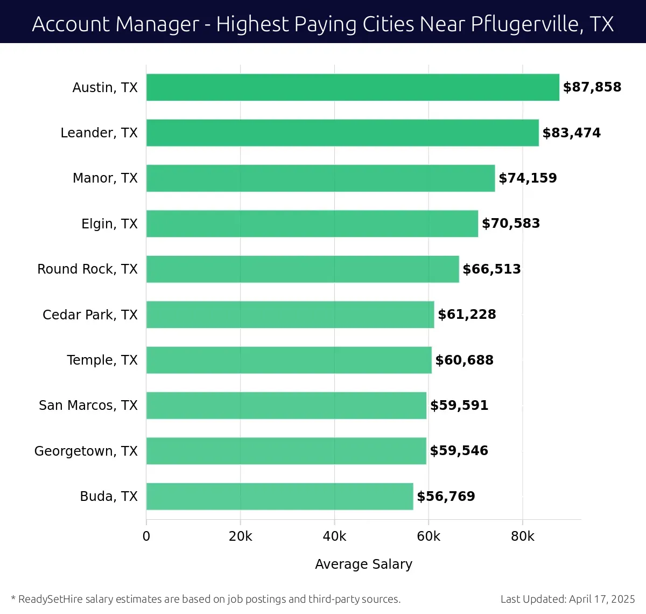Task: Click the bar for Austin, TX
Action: (x=353, y=87)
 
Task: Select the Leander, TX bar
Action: (x=342, y=132)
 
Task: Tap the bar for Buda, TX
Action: (x=279, y=496)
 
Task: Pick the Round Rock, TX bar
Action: (x=303, y=269)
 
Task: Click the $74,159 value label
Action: (x=528, y=178)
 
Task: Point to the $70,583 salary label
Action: (x=511, y=224)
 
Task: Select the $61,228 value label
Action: (x=467, y=315)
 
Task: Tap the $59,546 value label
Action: (x=459, y=451)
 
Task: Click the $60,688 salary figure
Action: (x=464, y=360)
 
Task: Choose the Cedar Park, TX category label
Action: (x=90, y=315)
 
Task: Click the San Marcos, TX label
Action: (x=88, y=405)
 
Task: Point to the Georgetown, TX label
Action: (x=86, y=451)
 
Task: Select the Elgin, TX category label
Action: (x=109, y=224)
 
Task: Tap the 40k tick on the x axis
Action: (x=334, y=536)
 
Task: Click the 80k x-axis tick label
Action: (x=522, y=536)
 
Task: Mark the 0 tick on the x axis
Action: (x=146, y=536)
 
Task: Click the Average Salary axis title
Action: (x=363, y=564)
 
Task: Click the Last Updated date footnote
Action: (x=567, y=599)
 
